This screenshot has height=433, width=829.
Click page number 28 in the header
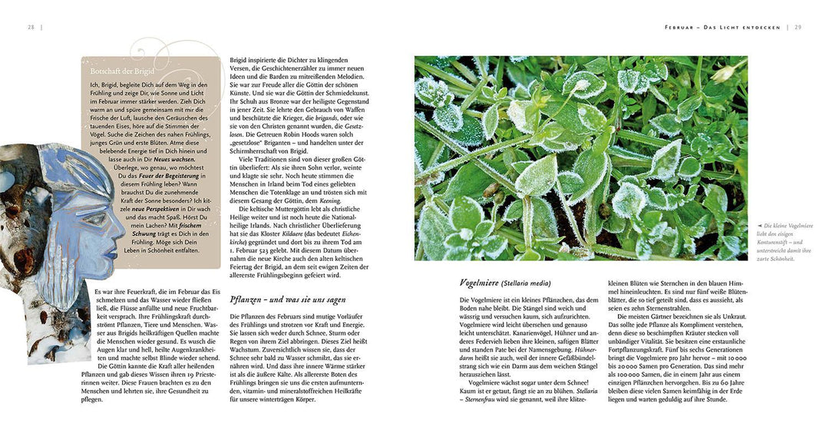(x=31, y=27)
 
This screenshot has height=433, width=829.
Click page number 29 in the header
(x=798, y=27)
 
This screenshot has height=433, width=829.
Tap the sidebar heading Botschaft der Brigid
(x=122, y=71)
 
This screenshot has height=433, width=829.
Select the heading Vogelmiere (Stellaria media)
(x=505, y=283)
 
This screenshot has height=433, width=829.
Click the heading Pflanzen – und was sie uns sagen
(x=287, y=299)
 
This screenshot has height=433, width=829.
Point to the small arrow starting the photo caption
(x=759, y=226)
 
